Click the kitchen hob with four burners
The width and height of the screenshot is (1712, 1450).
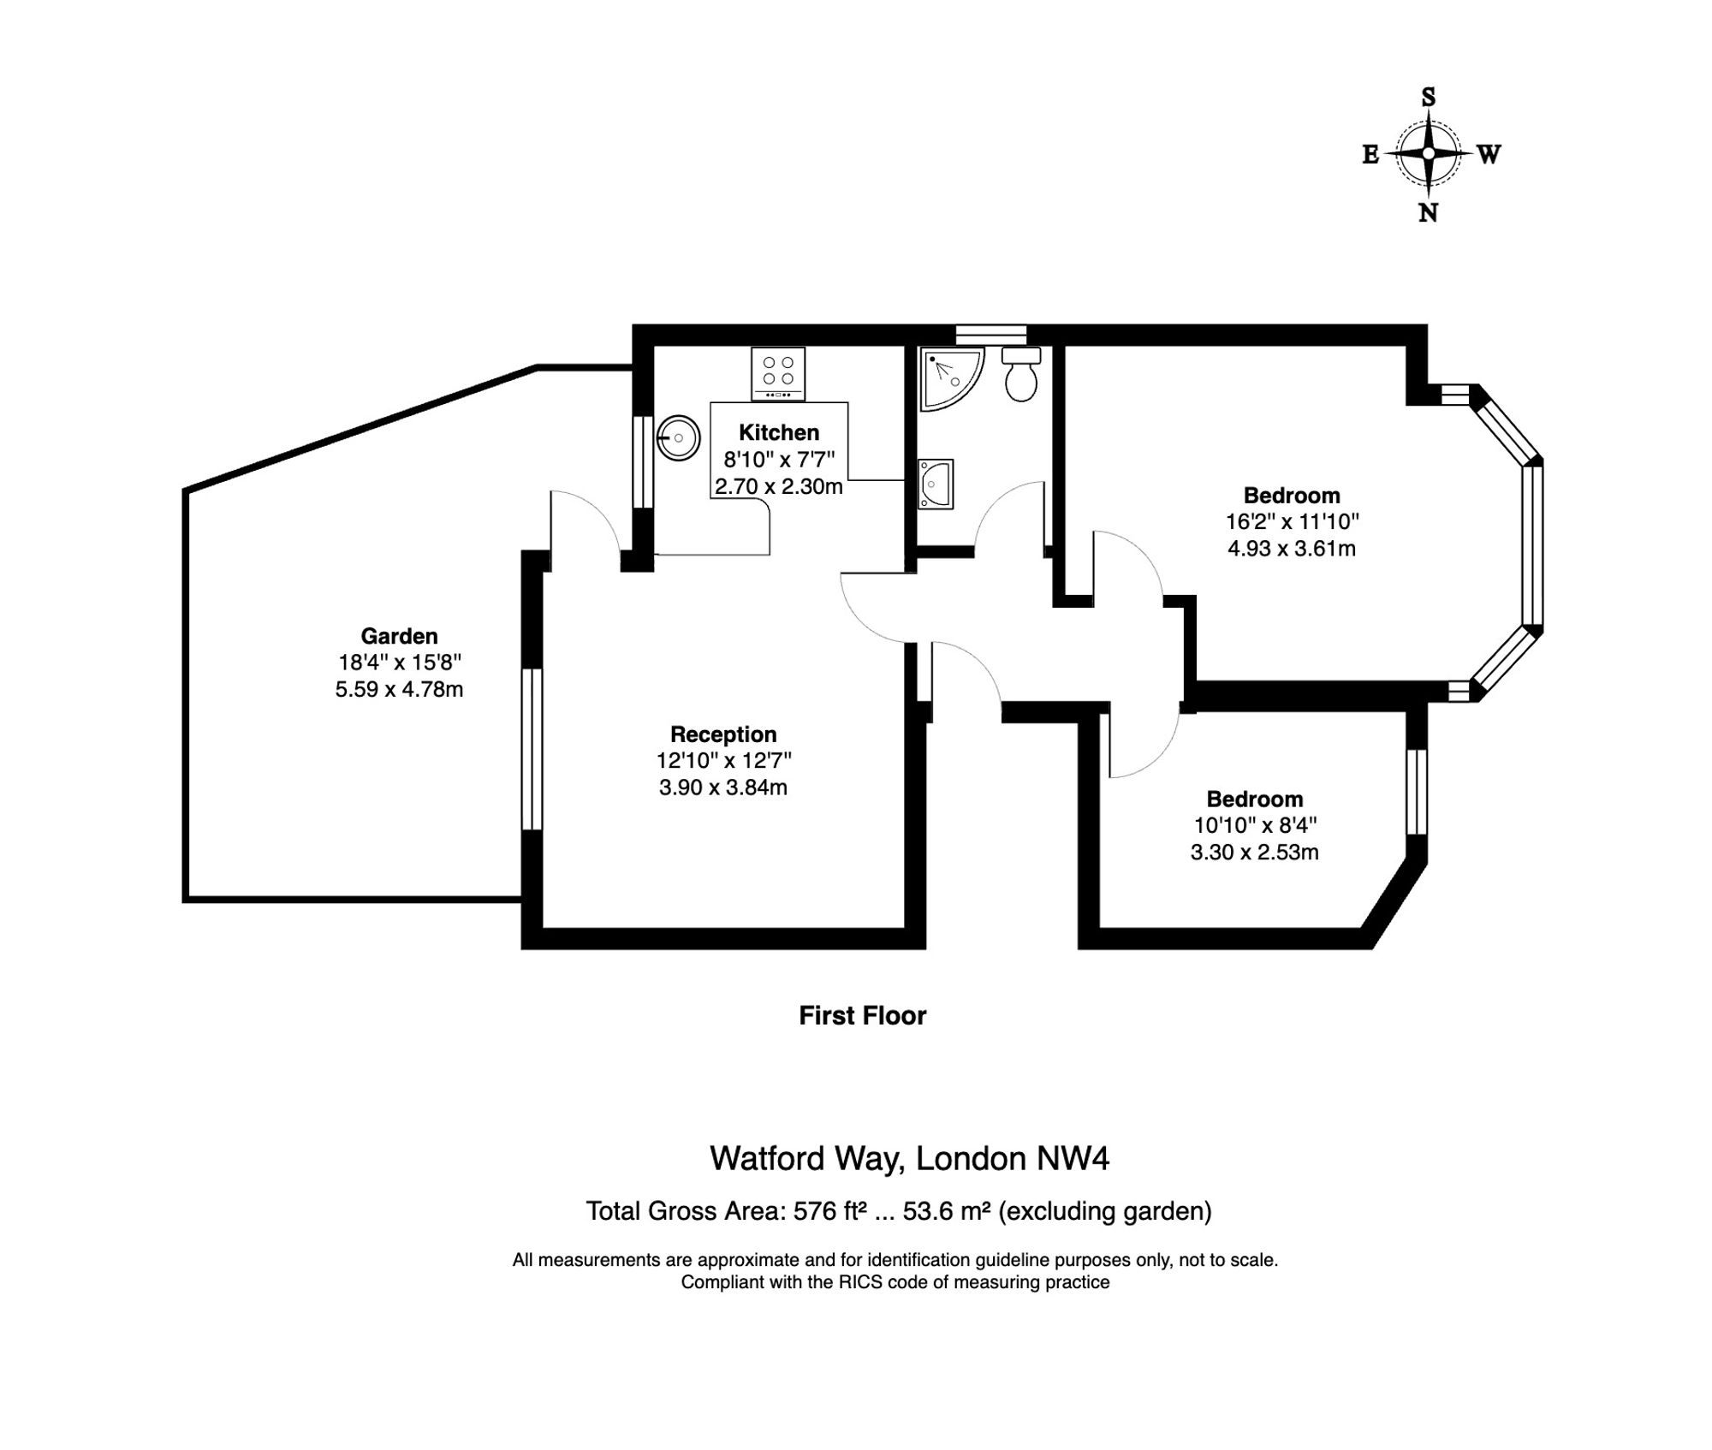tap(778, 373)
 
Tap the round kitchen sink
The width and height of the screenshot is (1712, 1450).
tap(679, 438)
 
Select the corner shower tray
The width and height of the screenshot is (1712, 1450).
tap(951, 378)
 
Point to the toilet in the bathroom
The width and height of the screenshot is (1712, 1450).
tap(1021, 373)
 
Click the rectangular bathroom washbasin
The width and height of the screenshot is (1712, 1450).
tap(936, 484)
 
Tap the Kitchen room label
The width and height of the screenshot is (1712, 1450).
tap(779, 432)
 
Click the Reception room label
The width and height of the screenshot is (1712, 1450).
tap(723, 734)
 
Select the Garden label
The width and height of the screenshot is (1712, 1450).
tap(399, 636)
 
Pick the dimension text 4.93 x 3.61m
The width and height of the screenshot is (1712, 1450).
tap(1292, 549)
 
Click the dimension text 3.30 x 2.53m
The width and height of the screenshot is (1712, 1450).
tap(1255, 853)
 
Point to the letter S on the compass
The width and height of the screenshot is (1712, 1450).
tap(1428, 98)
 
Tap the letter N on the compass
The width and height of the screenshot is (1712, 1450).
tap(1428, 213)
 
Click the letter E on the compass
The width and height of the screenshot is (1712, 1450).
tap(1370, 154)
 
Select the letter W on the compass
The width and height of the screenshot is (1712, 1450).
tap(1489, 154)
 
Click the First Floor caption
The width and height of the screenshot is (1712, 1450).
tap(863, 1016)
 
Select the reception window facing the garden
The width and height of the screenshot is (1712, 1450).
tap(532, 749)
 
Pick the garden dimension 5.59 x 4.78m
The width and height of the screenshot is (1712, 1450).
tap(399, 689)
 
